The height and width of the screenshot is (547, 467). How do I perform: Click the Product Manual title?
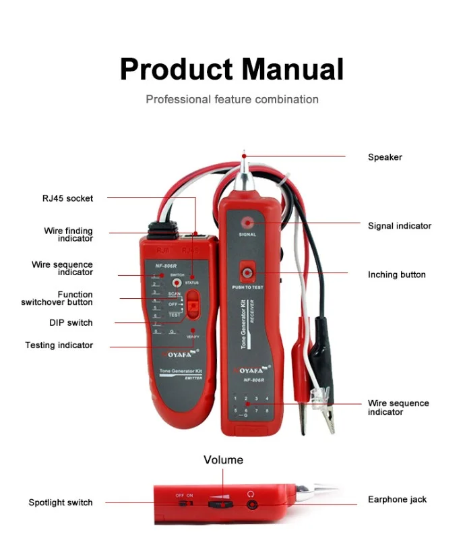tap(232, 69)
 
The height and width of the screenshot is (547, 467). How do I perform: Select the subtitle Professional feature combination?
tap(232, 99)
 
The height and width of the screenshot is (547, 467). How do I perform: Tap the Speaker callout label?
tap(385, 157)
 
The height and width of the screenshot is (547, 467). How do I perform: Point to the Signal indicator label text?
tap(400, 226)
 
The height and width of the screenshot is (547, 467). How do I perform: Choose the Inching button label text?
tap(397, 275)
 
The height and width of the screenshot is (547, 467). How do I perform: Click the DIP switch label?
tap(71, 322)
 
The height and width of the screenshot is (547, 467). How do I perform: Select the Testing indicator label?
tap(59, 345)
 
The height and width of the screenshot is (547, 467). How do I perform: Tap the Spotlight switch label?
tap(61, 502)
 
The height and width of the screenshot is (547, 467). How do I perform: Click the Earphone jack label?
tap(397, 500)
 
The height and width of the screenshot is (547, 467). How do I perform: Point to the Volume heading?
tap(224, 460)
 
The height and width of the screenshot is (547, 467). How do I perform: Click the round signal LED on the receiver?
tap(247, 222)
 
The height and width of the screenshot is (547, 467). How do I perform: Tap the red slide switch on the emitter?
tap(193, 304)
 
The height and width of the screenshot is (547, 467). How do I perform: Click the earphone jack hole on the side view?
tap(252, 502)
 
